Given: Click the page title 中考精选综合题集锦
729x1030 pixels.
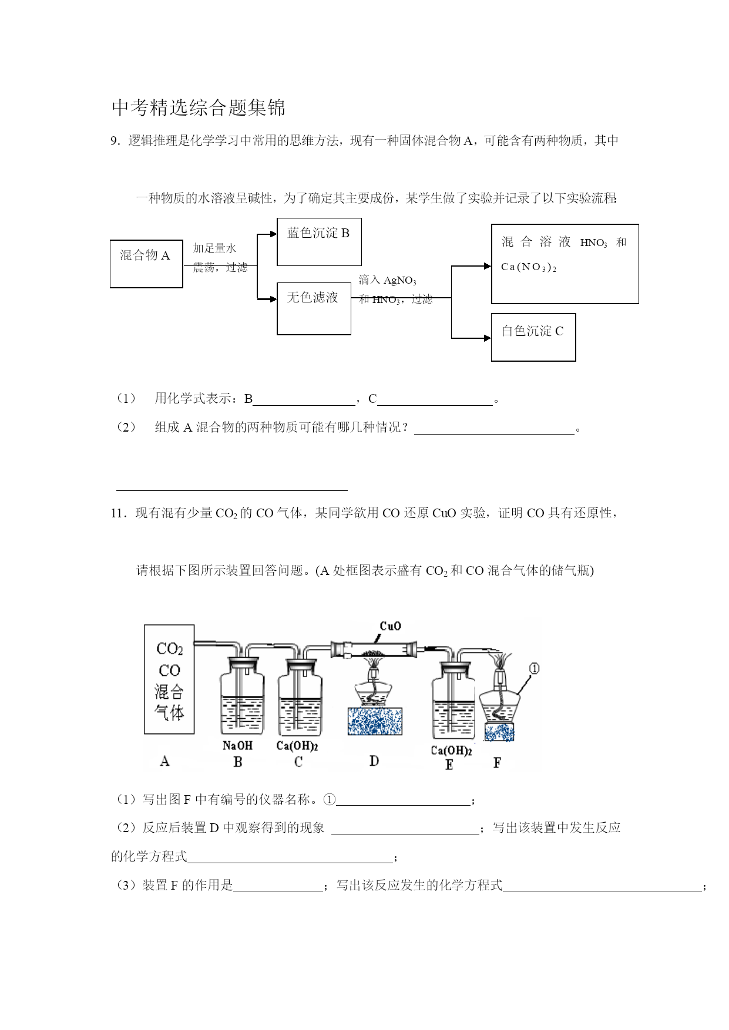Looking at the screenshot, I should point(199,107).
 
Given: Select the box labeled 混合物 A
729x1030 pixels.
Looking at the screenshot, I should point(146,264).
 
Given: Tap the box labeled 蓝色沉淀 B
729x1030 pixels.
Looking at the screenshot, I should point(319,242).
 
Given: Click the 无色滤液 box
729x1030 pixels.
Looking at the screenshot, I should point(314,308).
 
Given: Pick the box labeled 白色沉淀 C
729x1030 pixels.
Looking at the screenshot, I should point(533,337).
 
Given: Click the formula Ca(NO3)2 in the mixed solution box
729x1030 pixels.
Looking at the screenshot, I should point(528,267).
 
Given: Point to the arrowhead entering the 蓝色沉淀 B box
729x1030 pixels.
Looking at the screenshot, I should point(273,234).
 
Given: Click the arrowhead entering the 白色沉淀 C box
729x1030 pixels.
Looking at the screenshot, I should point(488,338).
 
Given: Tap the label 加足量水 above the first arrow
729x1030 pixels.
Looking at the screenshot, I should point(214,248).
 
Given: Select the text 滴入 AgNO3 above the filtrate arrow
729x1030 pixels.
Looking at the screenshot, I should point(387,280).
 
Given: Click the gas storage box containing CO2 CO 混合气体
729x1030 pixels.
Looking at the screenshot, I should point(169,679).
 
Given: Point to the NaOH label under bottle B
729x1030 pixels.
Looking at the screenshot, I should point(237,746).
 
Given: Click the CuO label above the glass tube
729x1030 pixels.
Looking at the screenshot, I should point(390,626).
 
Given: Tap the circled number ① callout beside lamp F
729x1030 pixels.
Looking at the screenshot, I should point(534,668).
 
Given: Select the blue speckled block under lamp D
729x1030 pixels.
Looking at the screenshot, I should point(375,721).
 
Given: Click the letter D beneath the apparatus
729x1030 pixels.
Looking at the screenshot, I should point(374,761).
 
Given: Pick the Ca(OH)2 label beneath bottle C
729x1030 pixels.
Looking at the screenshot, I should point(297,746).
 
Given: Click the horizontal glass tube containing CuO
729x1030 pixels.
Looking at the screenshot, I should point(374,649).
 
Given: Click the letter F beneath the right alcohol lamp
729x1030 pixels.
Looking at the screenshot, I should point(497,763).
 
